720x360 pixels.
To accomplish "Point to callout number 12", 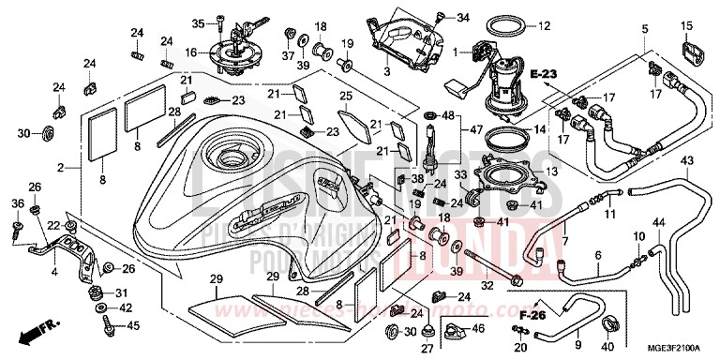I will click(x=571, y=25).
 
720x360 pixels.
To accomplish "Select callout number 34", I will click(x=464, y=17).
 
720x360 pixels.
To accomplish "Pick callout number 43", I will click(x=661, y=161).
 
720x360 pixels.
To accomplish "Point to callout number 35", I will click(x=198, y=22).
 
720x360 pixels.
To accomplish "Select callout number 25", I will click(x=346, y=97).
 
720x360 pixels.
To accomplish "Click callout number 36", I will click(x=17, y=203).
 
